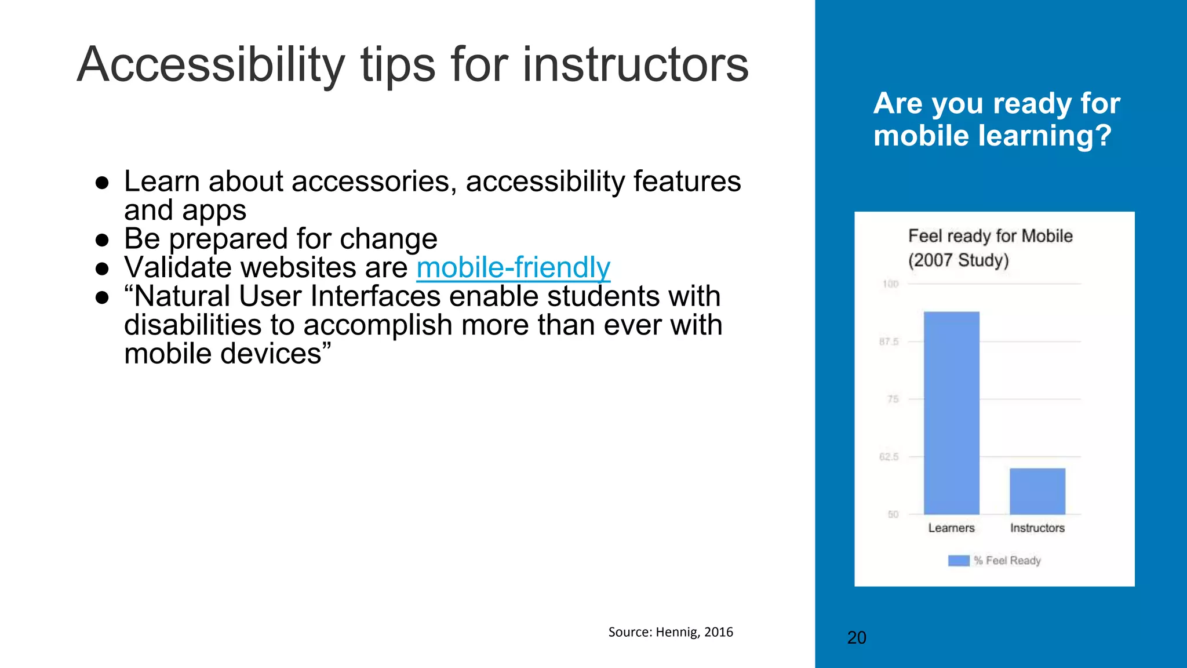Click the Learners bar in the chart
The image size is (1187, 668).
coord(951,413)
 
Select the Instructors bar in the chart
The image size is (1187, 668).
coord(1037,491)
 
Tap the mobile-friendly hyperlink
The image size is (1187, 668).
coord(513,267)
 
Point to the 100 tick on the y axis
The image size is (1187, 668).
coord(890,284)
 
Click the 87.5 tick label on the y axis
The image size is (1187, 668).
coord(889,342)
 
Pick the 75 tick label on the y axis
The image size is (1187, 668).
coord(893,399)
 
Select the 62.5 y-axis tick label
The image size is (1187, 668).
coord(889,457)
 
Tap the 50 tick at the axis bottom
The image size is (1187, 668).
coord(893,514)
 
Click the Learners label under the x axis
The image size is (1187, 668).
coord(951,528)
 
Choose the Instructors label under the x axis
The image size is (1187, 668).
coord(1037,528)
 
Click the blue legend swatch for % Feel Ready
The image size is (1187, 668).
coord(959,561)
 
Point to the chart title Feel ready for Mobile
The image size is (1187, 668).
coord(990,237)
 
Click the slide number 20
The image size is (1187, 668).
coord(857,638)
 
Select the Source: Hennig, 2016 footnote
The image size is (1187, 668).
coord(671,632)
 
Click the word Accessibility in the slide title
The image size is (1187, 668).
coord(211,65)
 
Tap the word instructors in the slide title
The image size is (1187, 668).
coord(635,65)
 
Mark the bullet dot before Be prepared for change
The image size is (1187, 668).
coord(103,239)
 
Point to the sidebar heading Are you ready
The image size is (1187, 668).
coord(996,104)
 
